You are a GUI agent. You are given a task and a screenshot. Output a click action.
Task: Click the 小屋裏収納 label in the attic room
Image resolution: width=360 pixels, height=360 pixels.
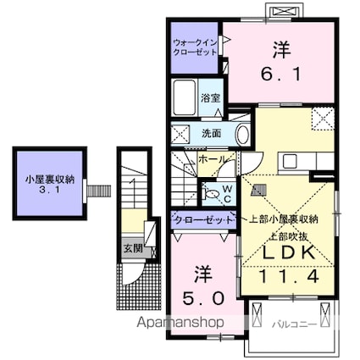(x=50, y=180)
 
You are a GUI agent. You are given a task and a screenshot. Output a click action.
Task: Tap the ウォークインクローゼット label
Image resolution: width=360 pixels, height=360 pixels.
(x=195, y=47)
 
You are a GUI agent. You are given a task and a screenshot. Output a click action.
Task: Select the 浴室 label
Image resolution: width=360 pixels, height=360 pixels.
(x=210, y=98)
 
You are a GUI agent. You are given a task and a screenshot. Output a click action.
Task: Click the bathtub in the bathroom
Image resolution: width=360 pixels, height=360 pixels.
(x=185, y=97)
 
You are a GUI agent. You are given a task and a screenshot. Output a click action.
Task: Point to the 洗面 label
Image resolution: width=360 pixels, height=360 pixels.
(x=211, y=133)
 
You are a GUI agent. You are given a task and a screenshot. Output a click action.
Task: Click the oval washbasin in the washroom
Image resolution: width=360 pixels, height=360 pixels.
(x=242, y=135)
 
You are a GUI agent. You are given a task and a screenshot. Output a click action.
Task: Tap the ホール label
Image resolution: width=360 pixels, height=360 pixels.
(x=213, y=159)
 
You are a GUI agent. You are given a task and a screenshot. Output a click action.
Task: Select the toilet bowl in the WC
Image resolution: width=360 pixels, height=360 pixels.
(x=212, y=194)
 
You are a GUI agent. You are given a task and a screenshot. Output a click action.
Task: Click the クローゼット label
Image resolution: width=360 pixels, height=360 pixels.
(x=203, y=219)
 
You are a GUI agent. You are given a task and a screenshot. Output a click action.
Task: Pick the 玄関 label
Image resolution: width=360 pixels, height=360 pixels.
(x=133, y=249)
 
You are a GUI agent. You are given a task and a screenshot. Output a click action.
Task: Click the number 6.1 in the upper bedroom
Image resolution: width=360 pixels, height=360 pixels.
(x=280, y=75)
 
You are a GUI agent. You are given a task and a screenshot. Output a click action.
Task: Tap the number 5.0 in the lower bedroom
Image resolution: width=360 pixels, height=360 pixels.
(x=203, y=298)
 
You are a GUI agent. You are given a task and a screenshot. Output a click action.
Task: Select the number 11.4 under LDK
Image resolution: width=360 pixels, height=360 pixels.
(x=289, y=276)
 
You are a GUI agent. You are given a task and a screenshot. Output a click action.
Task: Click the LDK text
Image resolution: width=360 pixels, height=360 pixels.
(x=289, y=252)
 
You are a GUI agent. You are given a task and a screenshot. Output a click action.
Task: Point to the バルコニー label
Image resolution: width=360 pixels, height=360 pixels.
(x=294, y=324)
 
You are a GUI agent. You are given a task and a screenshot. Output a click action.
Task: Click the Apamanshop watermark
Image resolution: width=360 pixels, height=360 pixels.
(x=180, y=322)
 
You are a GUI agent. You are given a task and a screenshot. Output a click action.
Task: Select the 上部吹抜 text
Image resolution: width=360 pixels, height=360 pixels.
(x=289, y=236)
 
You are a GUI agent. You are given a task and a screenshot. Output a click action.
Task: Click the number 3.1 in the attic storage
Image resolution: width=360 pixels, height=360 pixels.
(x=50, y=190)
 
